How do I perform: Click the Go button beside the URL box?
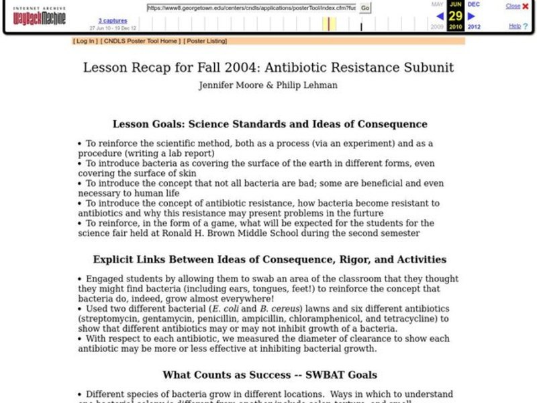pos(365,8)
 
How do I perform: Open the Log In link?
pos(85,41)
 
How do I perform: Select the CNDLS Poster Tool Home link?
pos(140,41)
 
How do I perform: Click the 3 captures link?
pos(113,21)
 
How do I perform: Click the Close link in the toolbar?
pos(513,6)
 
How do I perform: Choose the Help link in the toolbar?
pos(514,26)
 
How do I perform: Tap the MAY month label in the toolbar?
pos(437,4)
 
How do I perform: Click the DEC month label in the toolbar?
pos(474,4)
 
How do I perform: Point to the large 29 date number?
pos(456,15)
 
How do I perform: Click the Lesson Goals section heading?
pos(269,124)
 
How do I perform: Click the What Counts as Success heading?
pos(269,375)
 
